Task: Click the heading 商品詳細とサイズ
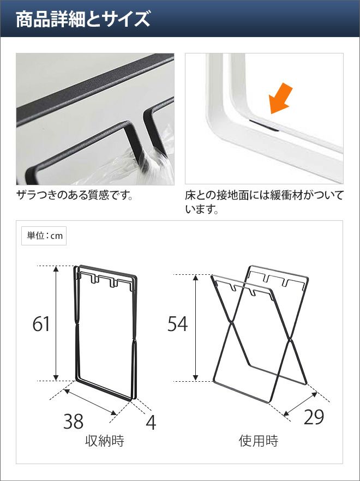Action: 83,19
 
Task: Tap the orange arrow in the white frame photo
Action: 280,98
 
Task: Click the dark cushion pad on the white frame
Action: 264,125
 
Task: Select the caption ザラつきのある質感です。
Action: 75,195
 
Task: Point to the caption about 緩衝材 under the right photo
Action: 264,202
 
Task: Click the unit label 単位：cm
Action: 44,236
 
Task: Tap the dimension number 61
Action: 41,324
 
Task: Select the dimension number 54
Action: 177,324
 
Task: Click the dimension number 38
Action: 73,421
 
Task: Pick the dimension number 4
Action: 151,423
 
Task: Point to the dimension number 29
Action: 314,417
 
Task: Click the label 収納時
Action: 105,441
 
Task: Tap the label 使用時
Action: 259,441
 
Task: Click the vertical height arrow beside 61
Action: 56,323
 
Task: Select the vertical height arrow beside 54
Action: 196,328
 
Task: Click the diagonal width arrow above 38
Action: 90,402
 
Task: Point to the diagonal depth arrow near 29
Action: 300,404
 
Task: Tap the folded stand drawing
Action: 105,333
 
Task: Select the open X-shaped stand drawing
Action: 260,334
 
